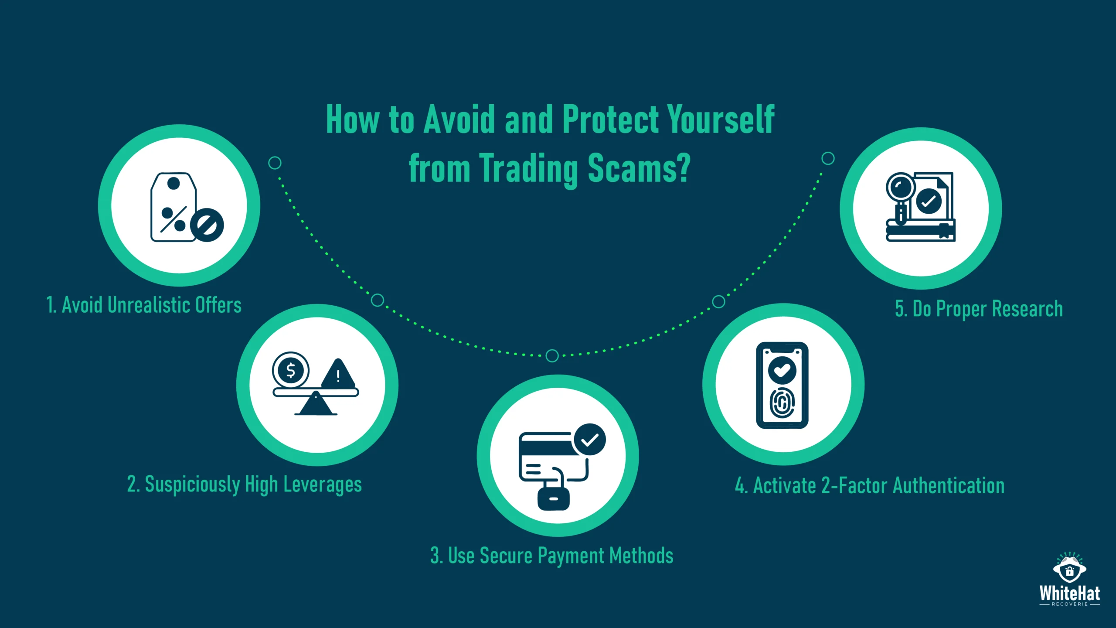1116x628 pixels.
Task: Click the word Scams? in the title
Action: pyautogui.click(x=639, y=169)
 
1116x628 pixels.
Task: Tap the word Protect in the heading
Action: pyautogui.click(x=611, y=120)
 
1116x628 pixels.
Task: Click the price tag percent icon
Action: pyautogui.click(x=173, y=207)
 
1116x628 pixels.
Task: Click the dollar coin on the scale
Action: pyautogui.click(x=290, y=371)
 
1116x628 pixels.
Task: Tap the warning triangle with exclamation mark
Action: pyautogui.click(x=338, y=374)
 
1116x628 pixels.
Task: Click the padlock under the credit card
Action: pyautogui.click(x=553, y=497)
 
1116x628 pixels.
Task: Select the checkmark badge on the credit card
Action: pyautogui.click(x=589, y=440)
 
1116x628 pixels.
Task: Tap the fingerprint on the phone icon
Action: pyautogui.click(x=782, y=403)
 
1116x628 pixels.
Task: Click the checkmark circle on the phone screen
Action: pyautogui.click(x=782, y=370)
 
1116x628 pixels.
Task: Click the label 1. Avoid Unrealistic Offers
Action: pyautogui.click(x=144, y=305)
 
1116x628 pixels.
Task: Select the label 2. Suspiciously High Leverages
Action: pyautogui.click(x=244, y=485)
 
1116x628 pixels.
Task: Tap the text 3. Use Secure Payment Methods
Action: pyautogui.click(x=552, y=556)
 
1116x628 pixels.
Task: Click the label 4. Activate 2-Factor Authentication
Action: pyautogui.click(x=870, y=486)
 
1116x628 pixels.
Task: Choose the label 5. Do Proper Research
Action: pyautogui.click(x=979, y=309)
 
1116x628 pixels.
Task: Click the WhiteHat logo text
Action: pyautogui.click(x=1069, y=594)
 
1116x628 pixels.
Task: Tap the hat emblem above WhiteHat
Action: pyautogui.click(x=1069, y=568)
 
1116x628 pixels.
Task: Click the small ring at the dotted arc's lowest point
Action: pyautogui.click(x=552, y=356)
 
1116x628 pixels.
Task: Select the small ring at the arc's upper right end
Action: pyautogui.click(x=828, y=158)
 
